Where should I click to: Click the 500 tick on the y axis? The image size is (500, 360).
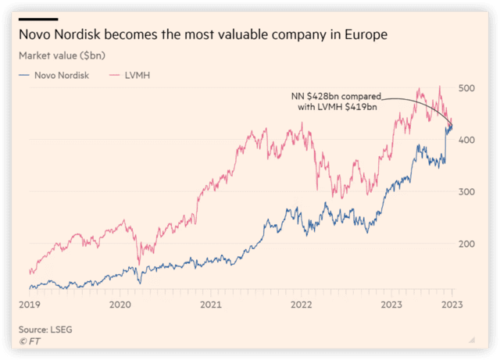[x=467, y=88]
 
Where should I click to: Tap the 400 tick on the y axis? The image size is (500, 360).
[x=467, y=140]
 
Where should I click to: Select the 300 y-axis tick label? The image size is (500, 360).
[x=467, y=192]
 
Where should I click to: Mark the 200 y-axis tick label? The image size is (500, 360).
[x=467, y=244]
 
